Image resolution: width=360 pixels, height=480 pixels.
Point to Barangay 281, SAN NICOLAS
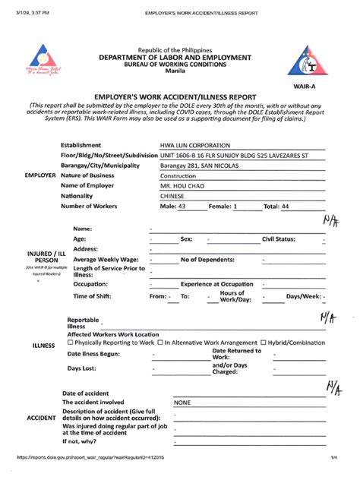click(199, 165)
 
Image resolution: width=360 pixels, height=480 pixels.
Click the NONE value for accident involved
click(183, 403)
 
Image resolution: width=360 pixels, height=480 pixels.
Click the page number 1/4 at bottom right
click(333, 457)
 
